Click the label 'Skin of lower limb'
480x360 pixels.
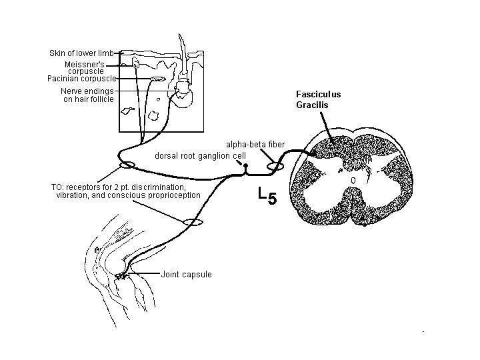click(x=81, y=53)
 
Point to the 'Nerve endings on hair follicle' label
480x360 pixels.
click(x=87, y=95)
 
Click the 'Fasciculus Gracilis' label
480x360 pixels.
click(x=318, y=99)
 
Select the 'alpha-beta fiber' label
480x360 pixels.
click(x=255, y=144)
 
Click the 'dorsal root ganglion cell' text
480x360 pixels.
click(x=201, y=155)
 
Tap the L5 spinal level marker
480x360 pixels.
click(x=266, y=195)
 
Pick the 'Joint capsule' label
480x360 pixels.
click(x=187, y=274)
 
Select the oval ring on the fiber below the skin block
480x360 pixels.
click(x=126, y=165)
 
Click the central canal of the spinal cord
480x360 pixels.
click(x=353, y=180)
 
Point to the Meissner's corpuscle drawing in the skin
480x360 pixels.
click(x=136, y=63)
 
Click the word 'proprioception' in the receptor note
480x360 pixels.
click(x=168, y=195)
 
